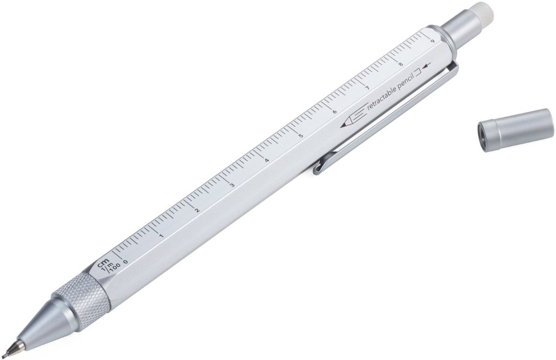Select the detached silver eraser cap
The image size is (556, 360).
(515, 130)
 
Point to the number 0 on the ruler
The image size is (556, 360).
(125, 262)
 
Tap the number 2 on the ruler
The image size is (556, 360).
(197, 210)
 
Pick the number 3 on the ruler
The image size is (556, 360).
(232, 185)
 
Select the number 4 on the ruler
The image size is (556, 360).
(267, 160)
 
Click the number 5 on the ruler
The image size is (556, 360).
(301, 136)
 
